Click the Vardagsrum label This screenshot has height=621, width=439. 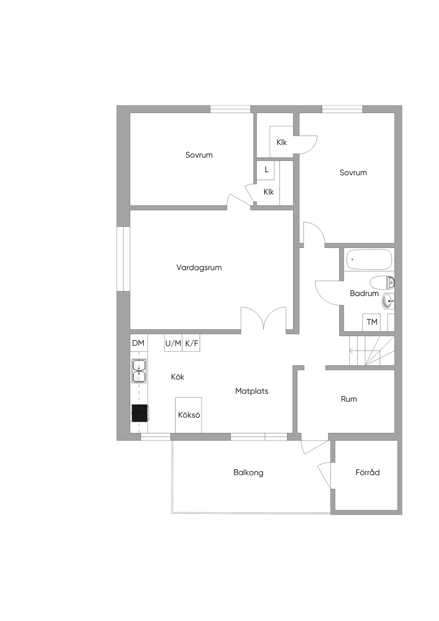199,268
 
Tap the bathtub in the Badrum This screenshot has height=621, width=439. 369,259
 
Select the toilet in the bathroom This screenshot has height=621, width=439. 382,282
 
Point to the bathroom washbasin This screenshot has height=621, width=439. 388,301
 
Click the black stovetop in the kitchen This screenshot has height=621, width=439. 139,413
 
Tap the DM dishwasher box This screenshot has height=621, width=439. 138,343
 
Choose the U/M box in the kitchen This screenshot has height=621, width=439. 173,343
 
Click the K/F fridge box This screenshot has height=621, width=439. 191,343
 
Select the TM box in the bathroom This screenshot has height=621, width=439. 372,322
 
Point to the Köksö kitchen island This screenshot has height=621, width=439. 189,415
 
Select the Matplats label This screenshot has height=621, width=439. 252,391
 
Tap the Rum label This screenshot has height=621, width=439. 349,399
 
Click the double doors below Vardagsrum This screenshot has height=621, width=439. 264,319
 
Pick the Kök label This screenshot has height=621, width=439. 177,377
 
